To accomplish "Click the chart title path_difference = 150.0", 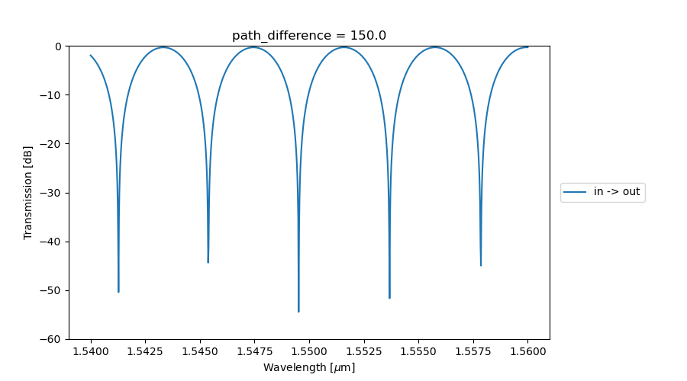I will point(309,36).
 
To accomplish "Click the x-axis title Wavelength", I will point(309,367).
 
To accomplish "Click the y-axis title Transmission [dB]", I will point(28,193).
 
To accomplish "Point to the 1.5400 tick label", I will point(91,352).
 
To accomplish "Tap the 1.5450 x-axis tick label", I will point(200,352).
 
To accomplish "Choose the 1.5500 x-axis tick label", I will point(309,352).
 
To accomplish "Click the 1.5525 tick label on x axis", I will point(363,352).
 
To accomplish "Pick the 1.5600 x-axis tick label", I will point(527,352).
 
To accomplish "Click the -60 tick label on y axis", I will point(53,339).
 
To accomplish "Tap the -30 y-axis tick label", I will point(53,193).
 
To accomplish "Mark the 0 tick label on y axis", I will point(59,46).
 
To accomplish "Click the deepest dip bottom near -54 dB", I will point(298,311).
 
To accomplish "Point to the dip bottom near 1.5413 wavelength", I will point(118,291).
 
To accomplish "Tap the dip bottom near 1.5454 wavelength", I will point(208,262).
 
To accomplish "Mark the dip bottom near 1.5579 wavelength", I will point(481,264).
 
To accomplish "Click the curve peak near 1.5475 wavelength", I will point(253,47).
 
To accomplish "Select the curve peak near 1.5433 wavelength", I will point(163,47).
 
